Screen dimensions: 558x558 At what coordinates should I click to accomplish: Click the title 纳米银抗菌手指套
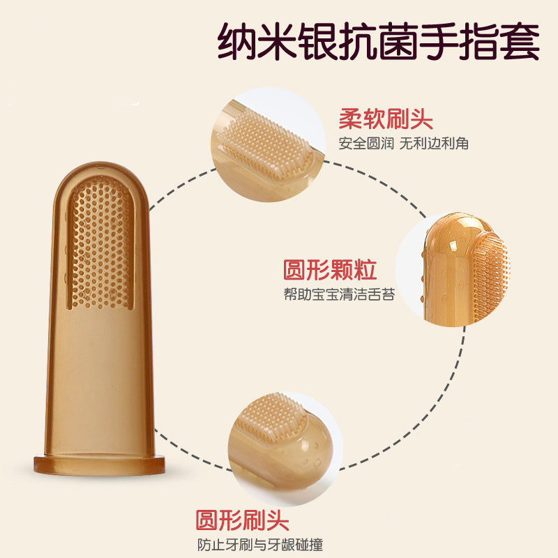pos(378,41)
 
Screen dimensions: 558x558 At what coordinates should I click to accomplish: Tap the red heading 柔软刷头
pos(386,119)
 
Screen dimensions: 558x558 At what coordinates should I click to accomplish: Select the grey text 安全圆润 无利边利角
pos(404,144)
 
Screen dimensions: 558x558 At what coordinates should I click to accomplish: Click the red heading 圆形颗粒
pos(330,270)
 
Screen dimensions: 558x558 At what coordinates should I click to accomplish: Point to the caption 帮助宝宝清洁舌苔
pos(339,294)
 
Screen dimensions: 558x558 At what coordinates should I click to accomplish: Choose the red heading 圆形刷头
pos(242,520)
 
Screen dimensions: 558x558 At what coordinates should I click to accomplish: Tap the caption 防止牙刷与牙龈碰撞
pos(260,545)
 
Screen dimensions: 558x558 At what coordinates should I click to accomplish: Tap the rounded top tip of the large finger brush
pos(100,165)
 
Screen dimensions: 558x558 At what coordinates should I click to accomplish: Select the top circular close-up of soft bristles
pos(268,144)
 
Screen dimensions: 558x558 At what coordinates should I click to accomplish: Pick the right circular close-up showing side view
pos(453,269)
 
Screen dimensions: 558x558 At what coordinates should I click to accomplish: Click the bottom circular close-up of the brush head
pos(285,449)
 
